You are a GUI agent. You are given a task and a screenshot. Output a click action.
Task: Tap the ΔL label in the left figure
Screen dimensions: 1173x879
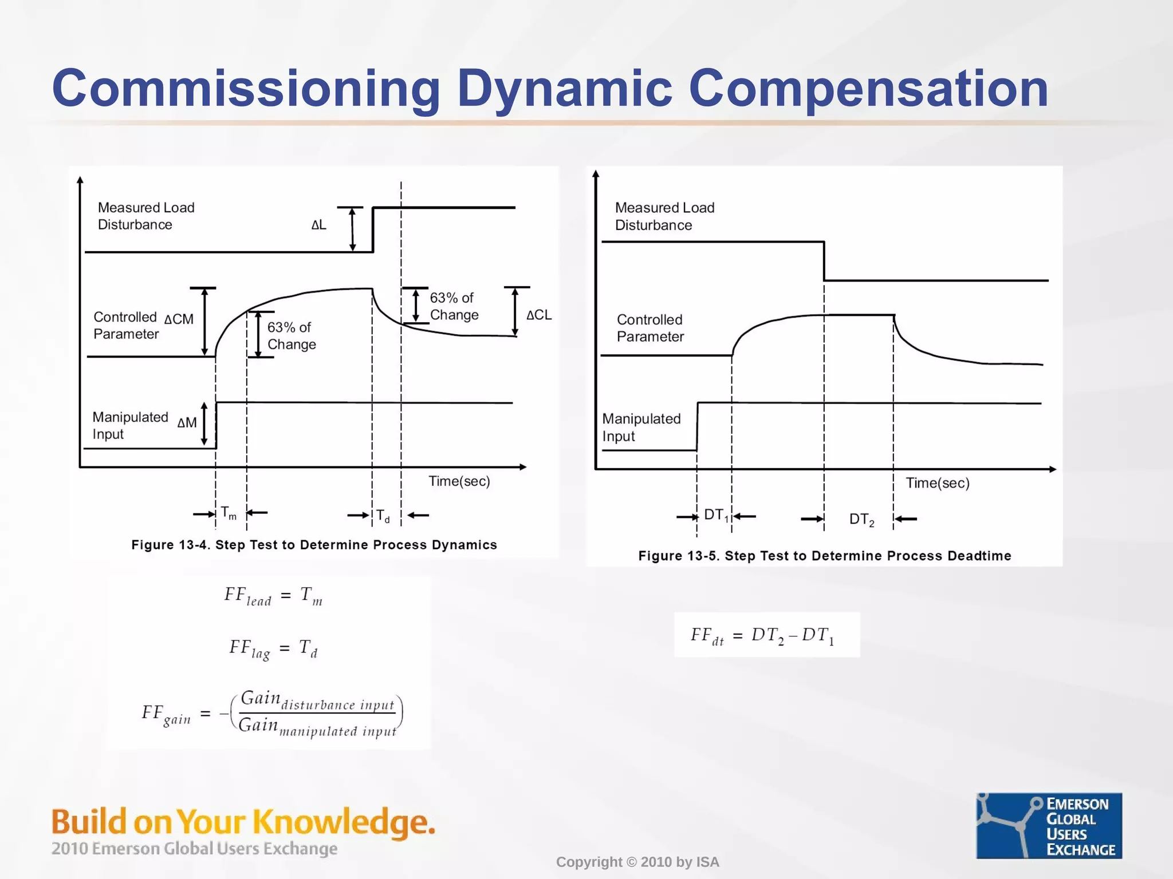318,225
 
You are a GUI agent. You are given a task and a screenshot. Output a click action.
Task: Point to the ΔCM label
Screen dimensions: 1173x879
179,319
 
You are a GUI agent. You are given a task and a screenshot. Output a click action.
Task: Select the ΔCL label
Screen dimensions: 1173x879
539,315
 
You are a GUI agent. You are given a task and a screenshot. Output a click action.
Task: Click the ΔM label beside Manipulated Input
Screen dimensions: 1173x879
187,423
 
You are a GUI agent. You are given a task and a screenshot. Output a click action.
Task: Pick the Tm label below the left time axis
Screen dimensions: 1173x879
229,513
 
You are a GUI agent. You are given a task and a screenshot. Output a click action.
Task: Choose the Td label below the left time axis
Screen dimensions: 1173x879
383,516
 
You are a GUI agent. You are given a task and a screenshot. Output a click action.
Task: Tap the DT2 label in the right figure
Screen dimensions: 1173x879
861,520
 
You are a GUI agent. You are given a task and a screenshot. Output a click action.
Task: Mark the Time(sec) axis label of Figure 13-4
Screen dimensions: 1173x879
459,481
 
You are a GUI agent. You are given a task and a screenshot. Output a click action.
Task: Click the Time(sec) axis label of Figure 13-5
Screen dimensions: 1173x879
938,483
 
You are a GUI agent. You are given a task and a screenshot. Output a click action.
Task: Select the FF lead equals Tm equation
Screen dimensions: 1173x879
273,596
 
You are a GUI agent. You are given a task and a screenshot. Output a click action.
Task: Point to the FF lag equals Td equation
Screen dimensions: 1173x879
273,649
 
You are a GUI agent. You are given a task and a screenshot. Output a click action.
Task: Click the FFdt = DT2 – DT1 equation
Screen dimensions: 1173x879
762,636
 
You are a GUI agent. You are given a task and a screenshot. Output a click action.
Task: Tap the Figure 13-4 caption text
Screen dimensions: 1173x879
314,545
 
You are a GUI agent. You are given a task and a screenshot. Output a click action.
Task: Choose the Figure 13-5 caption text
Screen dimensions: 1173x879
825,556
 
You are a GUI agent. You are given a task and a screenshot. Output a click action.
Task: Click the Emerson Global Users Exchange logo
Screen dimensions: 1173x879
1049,825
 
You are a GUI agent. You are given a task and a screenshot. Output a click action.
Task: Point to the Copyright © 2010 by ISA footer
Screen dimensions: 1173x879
637,862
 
